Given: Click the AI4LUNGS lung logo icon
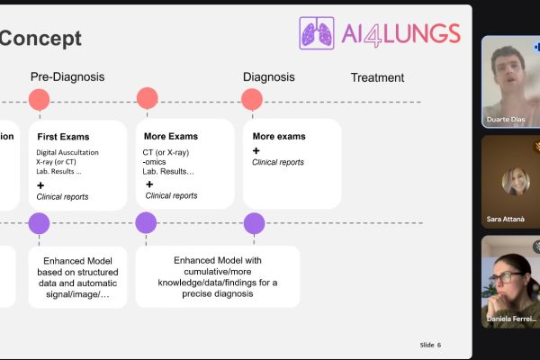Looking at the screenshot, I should (317, 33).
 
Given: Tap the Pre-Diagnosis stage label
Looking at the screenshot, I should (67, 77).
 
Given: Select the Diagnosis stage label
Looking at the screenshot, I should (269, 77).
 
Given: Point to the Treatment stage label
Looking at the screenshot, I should (377, 78).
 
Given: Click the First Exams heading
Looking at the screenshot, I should (62, 137).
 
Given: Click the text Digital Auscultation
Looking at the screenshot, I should (68, 153).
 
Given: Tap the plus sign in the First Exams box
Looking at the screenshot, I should (41, 184).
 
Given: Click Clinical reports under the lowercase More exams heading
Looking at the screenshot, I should (278, 163).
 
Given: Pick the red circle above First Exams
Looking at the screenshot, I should (39, 99).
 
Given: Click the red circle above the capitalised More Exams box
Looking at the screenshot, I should (147, 99).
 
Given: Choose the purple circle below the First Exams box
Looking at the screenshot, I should (39, 223).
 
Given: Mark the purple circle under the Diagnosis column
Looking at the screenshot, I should (255, 223).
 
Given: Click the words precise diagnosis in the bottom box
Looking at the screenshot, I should (218, 292).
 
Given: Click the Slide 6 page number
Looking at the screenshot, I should (430, 345).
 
